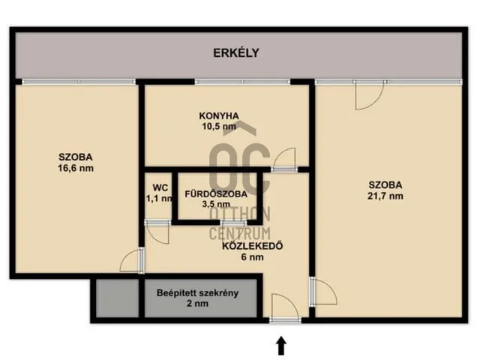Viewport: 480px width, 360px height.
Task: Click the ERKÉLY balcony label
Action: [x=236, y=53]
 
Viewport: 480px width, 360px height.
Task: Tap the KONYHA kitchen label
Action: [x=219, y=116]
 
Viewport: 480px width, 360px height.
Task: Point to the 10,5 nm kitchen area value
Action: [x=219, y=126]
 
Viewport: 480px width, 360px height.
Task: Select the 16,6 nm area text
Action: [x=76, y=168]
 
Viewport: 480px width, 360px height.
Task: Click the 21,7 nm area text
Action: [x=385, y=196]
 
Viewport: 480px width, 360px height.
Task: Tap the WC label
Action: [x=160, y=187]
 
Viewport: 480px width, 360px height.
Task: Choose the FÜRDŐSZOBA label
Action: [x=216, y=194]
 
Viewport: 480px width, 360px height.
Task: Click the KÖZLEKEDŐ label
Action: [x=252, y=246]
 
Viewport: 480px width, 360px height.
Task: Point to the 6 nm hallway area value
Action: [x=252, y=257]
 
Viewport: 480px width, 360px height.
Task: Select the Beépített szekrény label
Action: [x=197, y=293]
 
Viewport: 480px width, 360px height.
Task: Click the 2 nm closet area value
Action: [x=197, y=304]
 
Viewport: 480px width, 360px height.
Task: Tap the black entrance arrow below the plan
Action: [x=282, y=346]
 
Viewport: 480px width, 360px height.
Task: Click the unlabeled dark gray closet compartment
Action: [x=118, y=298]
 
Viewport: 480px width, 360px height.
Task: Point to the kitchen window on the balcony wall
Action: [x=242, y=82]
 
